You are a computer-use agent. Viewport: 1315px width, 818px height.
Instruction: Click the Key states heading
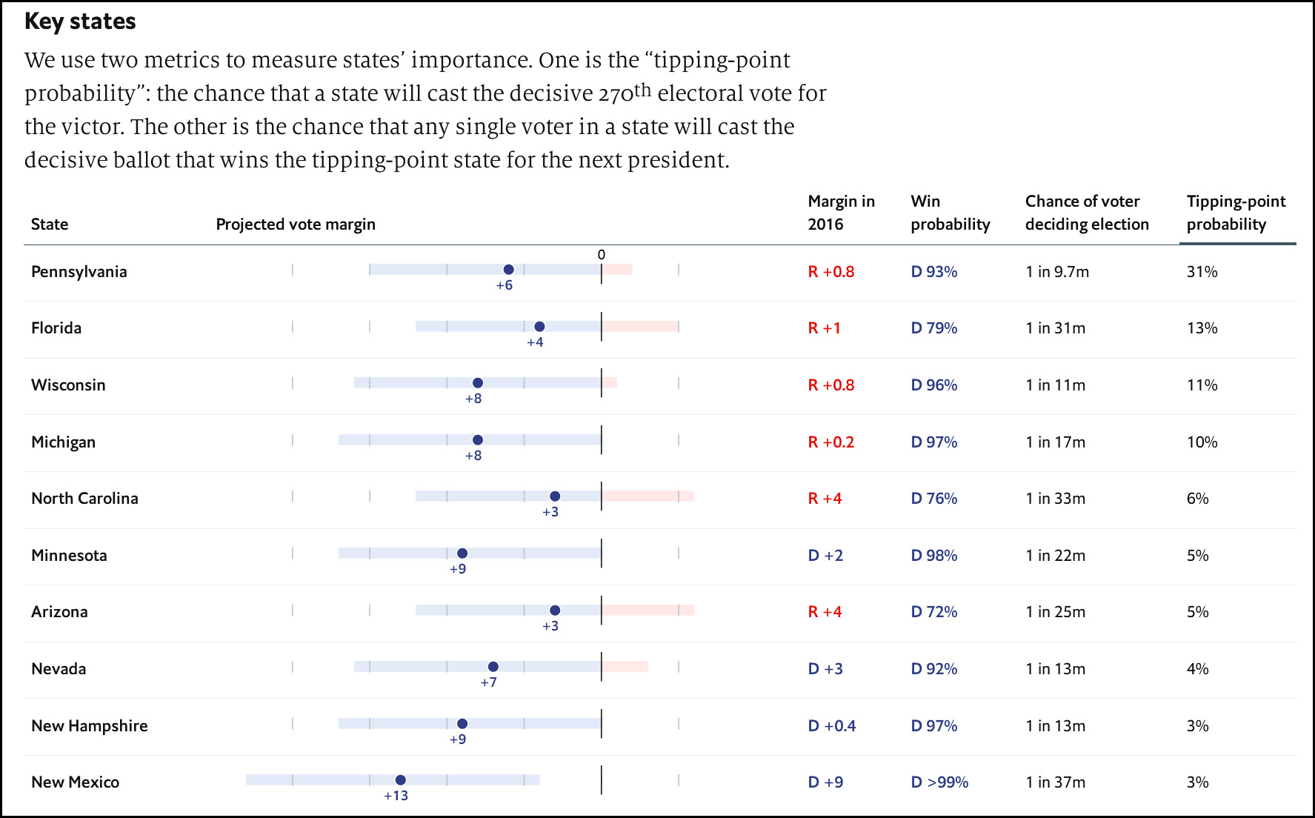tap(80, 21)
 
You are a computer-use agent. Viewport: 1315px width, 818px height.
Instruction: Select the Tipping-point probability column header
tap(1236, 213)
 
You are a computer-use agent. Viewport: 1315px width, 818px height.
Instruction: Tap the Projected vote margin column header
tap(296, 224)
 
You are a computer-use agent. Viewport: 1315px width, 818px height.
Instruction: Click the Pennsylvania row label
tap(79, 271)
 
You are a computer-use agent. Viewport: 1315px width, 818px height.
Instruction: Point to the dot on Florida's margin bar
tap(539, 327)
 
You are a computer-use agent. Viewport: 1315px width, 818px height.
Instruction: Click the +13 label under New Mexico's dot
tap(396, 796)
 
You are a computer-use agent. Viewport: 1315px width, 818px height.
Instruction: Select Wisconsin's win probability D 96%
tap(933, 385)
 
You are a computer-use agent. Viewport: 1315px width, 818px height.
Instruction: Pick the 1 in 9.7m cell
tap(1057, 271)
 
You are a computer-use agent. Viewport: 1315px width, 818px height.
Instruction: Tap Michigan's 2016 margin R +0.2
tap(830, 442)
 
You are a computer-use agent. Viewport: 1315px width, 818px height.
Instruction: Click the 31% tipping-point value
tap(1202, 271)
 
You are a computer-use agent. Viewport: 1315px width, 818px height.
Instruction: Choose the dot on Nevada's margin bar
tap(493, 667)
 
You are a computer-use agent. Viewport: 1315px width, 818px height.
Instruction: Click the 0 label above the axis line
tap(602, 255)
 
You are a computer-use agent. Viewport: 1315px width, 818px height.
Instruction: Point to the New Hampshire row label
tap(90, 725)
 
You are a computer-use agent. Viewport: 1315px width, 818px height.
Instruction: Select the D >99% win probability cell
tap(939, 782)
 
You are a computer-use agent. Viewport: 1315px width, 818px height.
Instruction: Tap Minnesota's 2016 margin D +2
tap(825, 555)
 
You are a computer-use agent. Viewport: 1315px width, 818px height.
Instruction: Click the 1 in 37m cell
tap(1055, 782)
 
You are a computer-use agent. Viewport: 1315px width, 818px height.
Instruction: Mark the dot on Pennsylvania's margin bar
tap(508, 270)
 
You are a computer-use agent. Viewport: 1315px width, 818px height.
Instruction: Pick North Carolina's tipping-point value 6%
tap(1197, 498)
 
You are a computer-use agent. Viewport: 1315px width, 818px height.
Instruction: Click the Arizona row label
tap(59, 611)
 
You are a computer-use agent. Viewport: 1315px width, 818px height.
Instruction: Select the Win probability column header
tap(950, 213)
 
